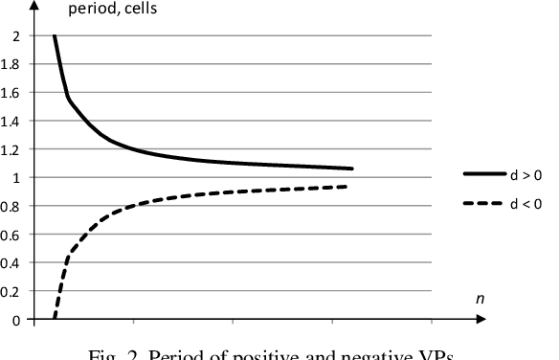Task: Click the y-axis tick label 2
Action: pyautogui.click(x=15, y=36)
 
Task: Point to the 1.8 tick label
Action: pyautogui.click(x=12, y=65)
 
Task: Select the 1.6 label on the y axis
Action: pyautogui.click(x=12, y=93)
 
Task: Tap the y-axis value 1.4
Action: pyautogui.click(x=12, y=122)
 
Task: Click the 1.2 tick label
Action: pyautogui.click(x=12, y=149)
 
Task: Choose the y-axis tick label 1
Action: pyautogui.click(x=15, y=178)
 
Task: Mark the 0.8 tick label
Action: pyautogui.click(x=12, y=207)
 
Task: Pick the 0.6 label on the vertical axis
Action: pyautogui.click(x=12, y=235)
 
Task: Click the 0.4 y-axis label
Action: pyautogui.click(x=12, y=263)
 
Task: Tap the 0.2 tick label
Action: pyautogui.click(x=12, y=291)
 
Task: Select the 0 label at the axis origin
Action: pyautogui.click(x=15, y=320)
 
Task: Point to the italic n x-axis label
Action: pyautogui.click(x=481, y=300)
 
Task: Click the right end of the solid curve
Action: pyautogui.click(x=352, y=169)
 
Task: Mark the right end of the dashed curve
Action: pyautogui.click(x=347, y=186)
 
